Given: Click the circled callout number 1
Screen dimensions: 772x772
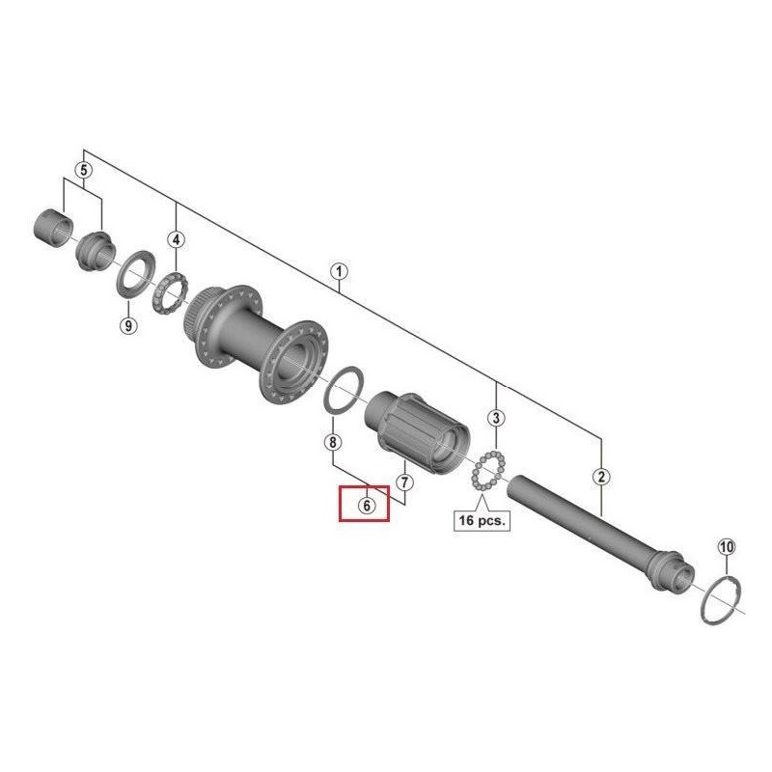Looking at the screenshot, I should pos(338,271).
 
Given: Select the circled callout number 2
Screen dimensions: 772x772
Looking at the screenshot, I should pos(601,476).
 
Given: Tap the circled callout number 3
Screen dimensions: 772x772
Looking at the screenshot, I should pos(496,418).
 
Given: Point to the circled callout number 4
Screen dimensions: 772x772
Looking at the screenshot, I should pos(177,238).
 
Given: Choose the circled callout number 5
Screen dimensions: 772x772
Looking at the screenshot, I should pos(84,170).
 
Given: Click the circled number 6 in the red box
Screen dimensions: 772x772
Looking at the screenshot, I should pos(366,504).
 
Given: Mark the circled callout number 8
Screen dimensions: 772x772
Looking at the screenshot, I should pos(331,443).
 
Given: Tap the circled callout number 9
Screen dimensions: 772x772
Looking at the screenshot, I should pos(127,326).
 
